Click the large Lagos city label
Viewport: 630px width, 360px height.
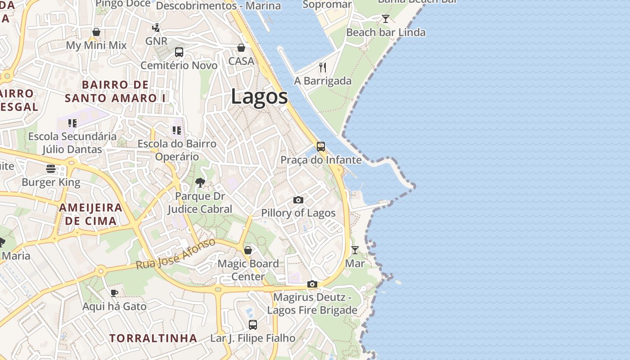[x=259, y=97]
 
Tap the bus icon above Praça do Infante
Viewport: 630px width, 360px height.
[x=320, y=147]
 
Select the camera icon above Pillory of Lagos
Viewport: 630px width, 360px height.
[x=298, y=200]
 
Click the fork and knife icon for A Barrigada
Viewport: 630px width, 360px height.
[x=322, y=67]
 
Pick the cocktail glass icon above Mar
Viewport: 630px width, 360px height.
[x=355, y=250]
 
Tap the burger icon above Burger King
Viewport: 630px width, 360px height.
[x=51, y=169]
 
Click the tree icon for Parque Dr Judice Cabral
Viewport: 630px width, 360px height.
[x=200, y=183]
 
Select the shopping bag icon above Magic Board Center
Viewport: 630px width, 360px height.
[x=247, y=250]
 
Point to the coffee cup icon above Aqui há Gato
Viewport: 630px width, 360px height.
[x=114, y=293]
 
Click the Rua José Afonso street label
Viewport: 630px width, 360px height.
[x=176, y=254]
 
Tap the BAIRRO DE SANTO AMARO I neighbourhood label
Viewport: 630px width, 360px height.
[x=115, y=91]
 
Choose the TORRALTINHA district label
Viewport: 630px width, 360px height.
[x=153, y=338]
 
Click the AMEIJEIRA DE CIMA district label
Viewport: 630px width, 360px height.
[x=91, y=214]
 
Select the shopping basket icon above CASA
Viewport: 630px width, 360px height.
[x=241, y=48]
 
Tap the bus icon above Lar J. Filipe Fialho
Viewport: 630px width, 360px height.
[x=253, y=324]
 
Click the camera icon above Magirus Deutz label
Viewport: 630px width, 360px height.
[x=312, y=284]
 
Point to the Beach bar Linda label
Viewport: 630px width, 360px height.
[x=386, y=32]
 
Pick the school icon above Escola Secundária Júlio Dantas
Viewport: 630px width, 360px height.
[x=72, y=123]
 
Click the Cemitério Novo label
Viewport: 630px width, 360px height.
[x=179, y=65]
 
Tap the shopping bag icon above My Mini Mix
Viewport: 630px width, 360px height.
[x=96, y=32]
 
